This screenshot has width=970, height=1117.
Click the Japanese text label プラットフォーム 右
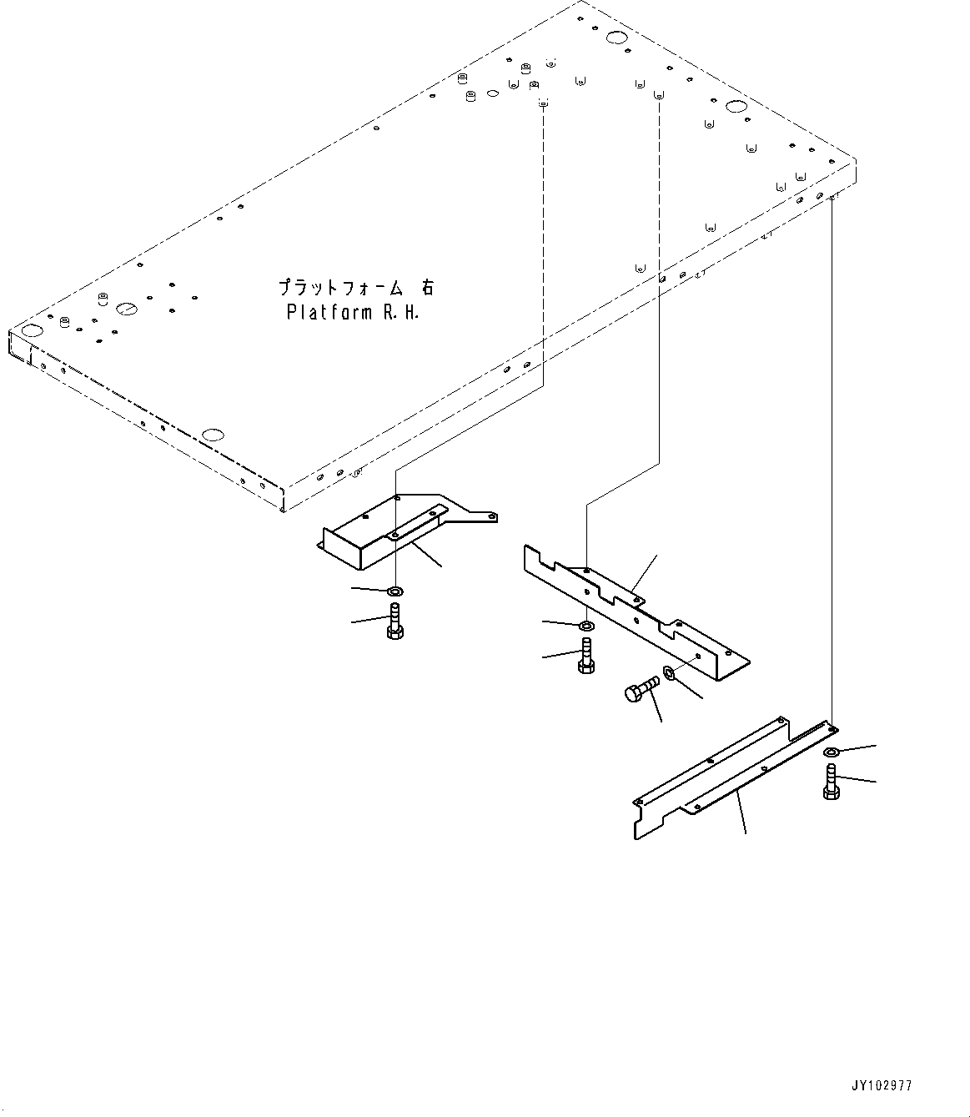(356, 288)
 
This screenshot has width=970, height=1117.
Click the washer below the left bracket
(395, 591)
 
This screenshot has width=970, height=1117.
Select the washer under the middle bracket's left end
(586, 625)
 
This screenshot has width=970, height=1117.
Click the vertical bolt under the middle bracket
(586, 657)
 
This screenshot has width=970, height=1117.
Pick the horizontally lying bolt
(640, 689)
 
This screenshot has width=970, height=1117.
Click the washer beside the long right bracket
(832, 753)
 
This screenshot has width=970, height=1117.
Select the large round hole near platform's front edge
(214, 435)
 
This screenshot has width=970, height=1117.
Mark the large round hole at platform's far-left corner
(31, 331)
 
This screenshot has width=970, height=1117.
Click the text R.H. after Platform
(400, 314)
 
